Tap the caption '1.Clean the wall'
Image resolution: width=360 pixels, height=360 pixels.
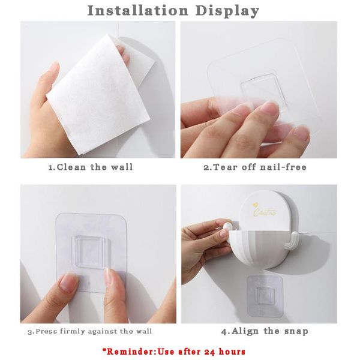coord(90,167)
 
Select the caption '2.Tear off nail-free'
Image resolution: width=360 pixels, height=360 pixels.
coord(255,167)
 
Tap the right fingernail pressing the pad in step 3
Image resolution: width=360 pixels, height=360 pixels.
coord(112,277)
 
